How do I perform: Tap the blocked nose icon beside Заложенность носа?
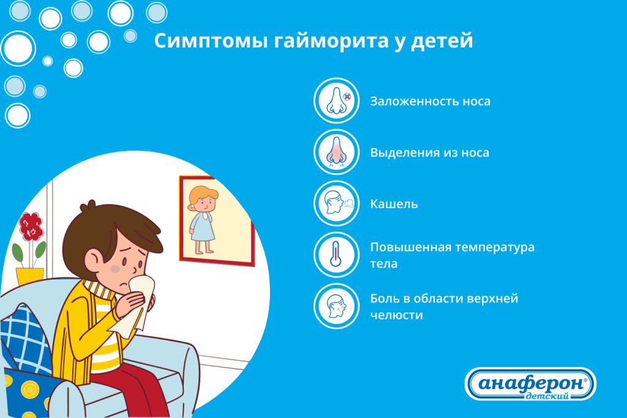pyautogui.click(x=336, y=101)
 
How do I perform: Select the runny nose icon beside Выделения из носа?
pyautogui.click(x=336, y=152)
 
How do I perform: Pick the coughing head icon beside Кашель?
pyautogui.click(x=336, y=203)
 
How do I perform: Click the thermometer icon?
pyautogui.click(x=336, y=255)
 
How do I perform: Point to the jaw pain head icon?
pyautogui.click(x=336, y=306)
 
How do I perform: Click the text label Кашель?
pyautogui.click(x=394, y=204)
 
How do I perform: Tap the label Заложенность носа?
pyautogui.click(x=430, y=101)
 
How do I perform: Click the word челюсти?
pyautogui.click(x=396, y=315)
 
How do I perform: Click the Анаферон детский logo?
pyautogui.click(x=530, y=384)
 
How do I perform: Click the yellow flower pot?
pyautogui.click(x=29, y=276)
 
